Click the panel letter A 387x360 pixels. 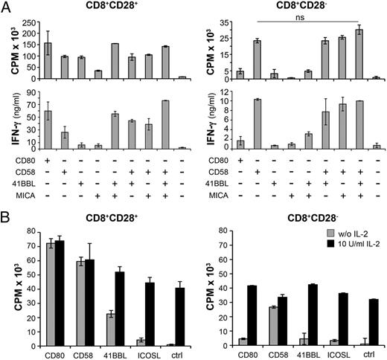7,7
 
